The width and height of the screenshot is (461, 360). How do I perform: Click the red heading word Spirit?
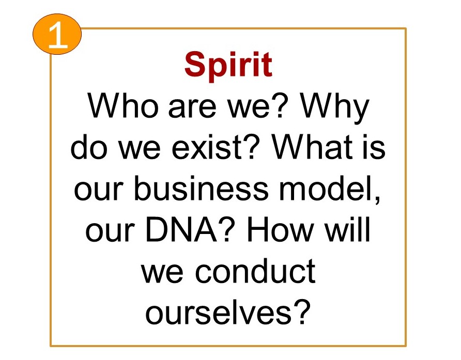tap(228, 65)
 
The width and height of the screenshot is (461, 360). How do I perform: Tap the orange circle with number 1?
tap(57, 34)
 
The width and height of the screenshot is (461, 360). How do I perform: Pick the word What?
tap(312, 147)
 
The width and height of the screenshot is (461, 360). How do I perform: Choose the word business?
tap(201, 188)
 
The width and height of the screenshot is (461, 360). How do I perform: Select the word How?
tap(280, 229)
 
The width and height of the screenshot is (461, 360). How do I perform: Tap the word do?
tap(88, 147)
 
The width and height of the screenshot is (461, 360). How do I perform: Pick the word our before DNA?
tap(110, 232)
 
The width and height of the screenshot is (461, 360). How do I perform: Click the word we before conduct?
tap(162, 274)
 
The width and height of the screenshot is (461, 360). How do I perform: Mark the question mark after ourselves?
tap(301, 312)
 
